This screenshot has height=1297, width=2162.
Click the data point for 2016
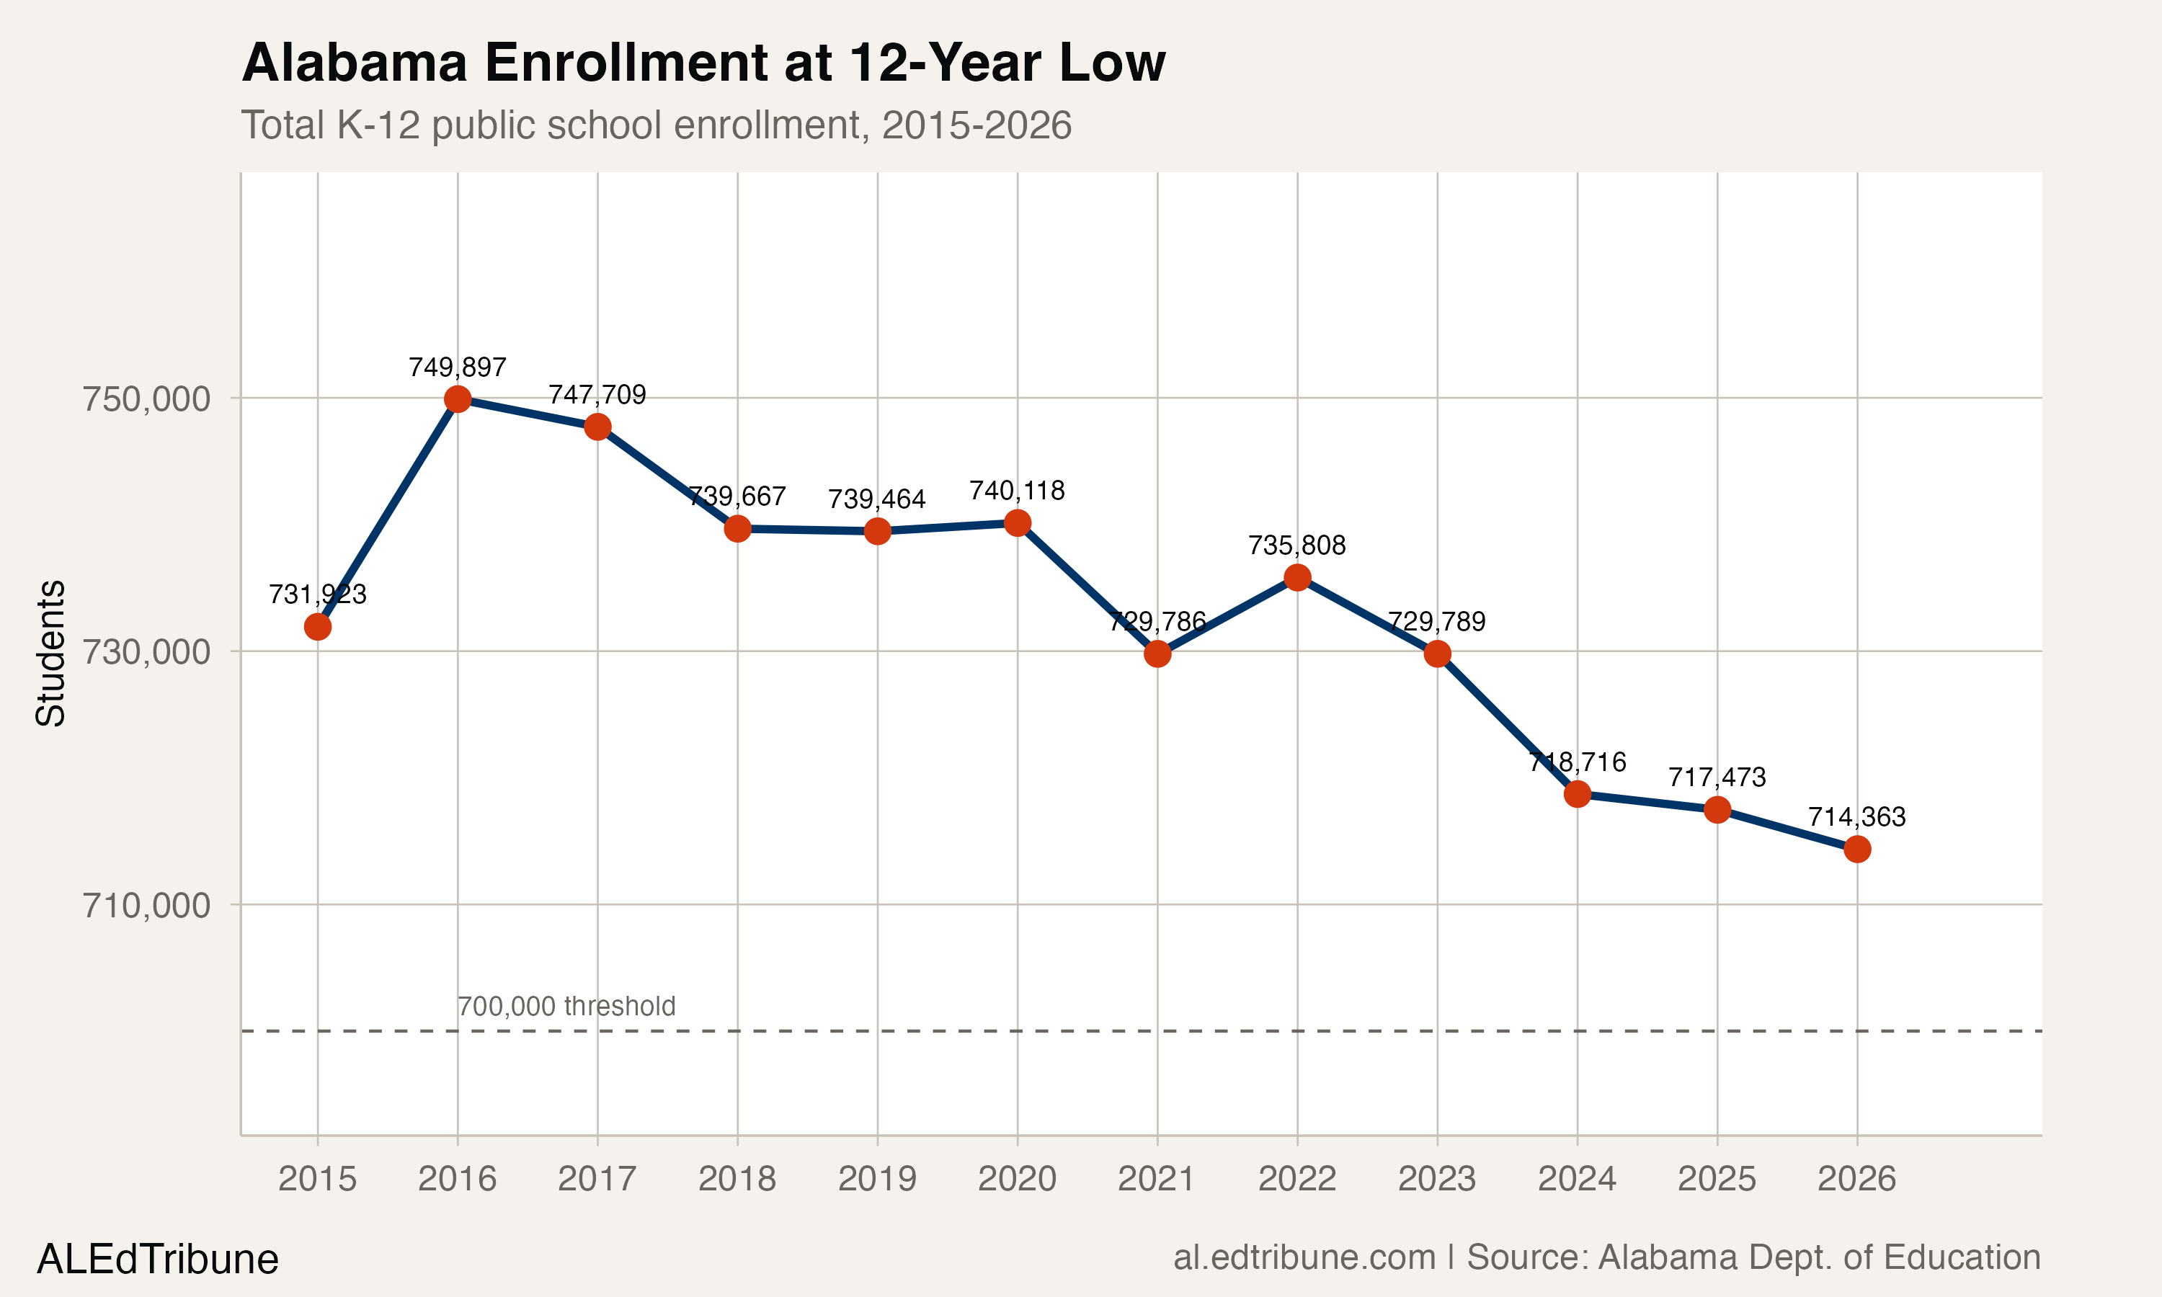click(457, 399)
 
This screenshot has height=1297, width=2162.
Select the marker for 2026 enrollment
click(1857, 849)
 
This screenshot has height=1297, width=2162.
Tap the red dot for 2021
click(1157, 654)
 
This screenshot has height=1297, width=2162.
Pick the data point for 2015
click(317, 627)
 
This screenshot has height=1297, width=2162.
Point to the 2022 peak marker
click(1297, 578)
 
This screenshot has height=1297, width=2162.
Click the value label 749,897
click(457, 367)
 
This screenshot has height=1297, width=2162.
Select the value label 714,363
click(1857, 817)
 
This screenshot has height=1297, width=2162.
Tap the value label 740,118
click(1017, 491)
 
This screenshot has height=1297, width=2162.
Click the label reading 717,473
click(1717, 777)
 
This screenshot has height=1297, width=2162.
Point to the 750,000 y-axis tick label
click(147, 399)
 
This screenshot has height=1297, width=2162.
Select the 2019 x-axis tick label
click(877, 1179)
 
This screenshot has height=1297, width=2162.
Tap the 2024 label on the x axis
click(1578, 1179)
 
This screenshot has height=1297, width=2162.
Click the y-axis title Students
click(50, 653)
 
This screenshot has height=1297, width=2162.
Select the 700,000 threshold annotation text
click(566, 1006)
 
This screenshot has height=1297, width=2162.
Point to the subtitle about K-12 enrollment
click(655, 125)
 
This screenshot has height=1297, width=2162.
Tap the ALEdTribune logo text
click(158, 1260)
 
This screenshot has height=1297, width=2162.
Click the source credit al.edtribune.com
click(1606, 1257)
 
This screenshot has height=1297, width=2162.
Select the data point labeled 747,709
click(597, 427)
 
